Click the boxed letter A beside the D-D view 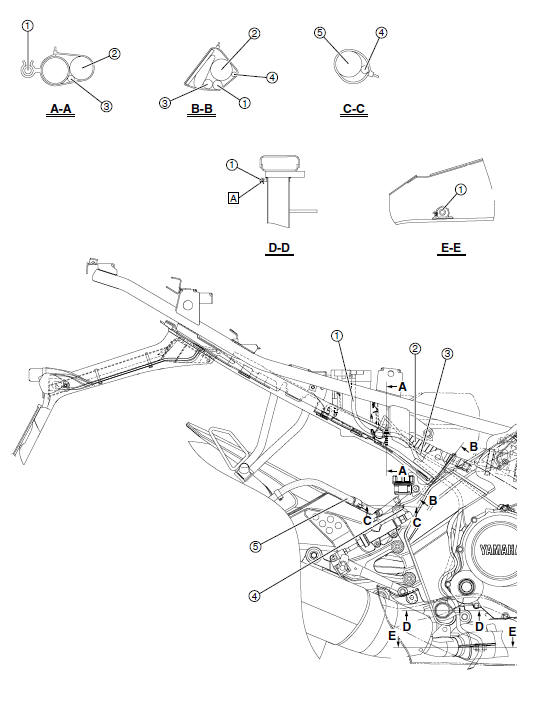(234, 199)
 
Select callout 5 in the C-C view (321, 32)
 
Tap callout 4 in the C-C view (381, 32)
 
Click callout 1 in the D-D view (232, 164)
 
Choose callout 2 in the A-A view (115, 53)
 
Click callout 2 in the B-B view (254, 33)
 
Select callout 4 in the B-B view (272, 76)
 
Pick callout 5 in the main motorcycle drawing (258, 547)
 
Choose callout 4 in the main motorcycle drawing (256, 595)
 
